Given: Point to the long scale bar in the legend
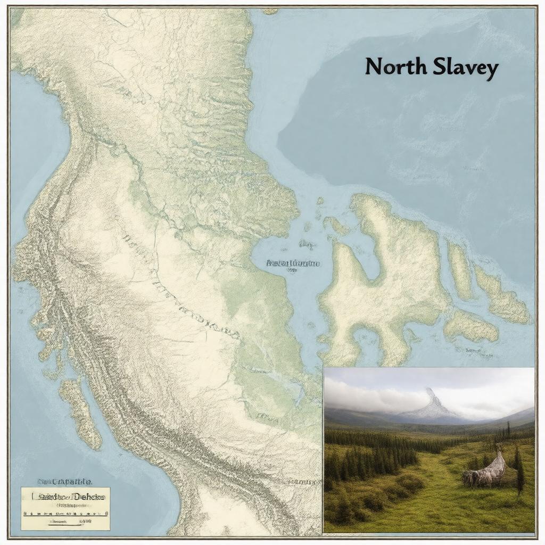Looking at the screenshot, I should coord(65,514).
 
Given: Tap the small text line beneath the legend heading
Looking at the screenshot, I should coord(65,506).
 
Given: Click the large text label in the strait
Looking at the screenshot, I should coord(293,263).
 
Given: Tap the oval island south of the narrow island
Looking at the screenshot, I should coord(470,326).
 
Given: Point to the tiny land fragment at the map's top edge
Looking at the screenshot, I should coord(270,11).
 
